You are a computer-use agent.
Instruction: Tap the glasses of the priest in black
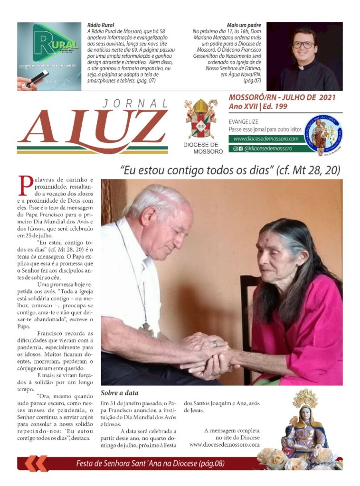pos(304,45)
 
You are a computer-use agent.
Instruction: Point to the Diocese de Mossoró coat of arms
pos(200,119)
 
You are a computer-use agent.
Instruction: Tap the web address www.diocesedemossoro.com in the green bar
pos(265,139)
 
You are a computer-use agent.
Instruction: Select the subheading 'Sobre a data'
pos(120,393)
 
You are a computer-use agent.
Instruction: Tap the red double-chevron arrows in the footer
pos(37,463)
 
